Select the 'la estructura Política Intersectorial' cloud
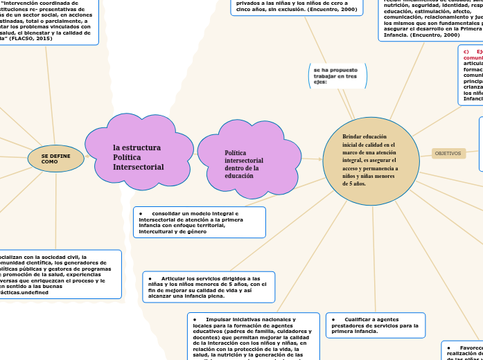(139, 157)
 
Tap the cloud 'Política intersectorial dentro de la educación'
(248, 164)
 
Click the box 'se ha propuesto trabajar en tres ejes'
(337, 75)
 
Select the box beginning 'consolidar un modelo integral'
(199, 222)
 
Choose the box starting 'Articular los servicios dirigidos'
(209, 287)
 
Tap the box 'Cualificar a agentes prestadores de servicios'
(376, 325)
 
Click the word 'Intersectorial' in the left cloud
(139, 167)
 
